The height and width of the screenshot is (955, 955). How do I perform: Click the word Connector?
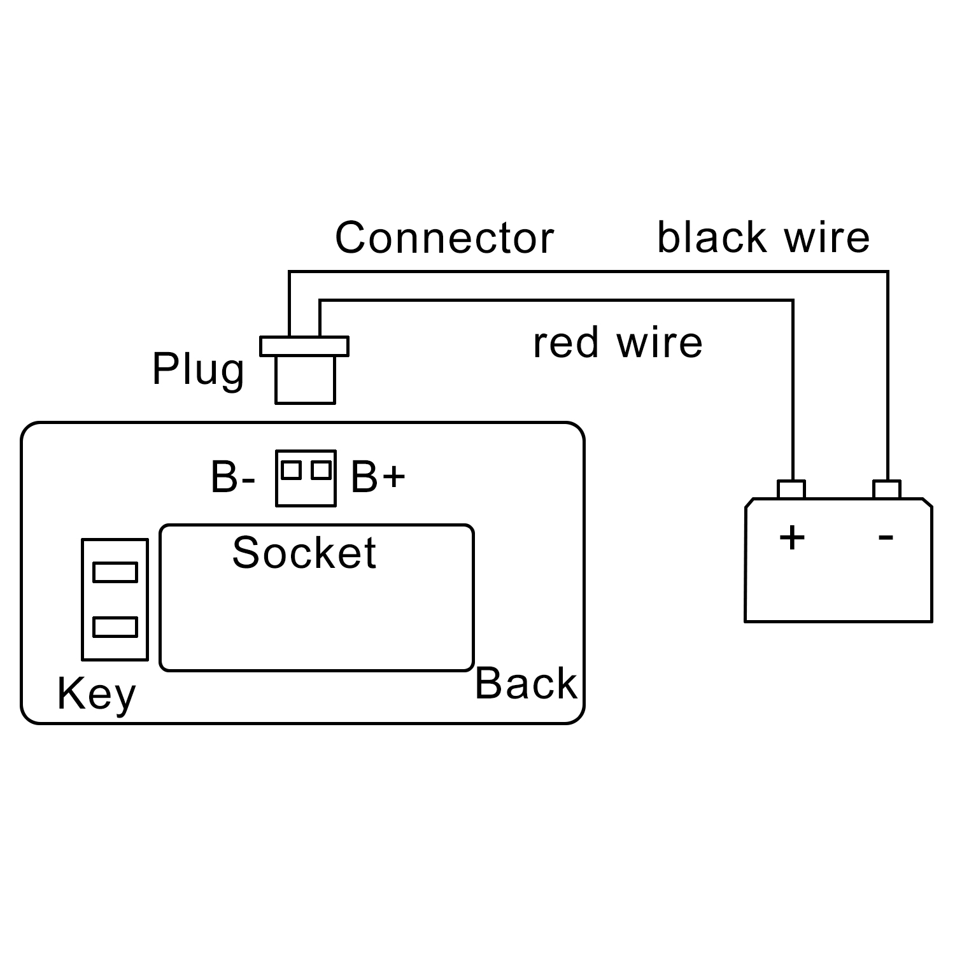tap(444, 238)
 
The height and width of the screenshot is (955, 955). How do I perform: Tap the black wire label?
tap(763, 238)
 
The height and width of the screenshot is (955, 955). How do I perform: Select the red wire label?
tap(617, 343)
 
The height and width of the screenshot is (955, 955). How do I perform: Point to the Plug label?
tap(198, 369)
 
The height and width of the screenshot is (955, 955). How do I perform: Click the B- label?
tap(233, 477)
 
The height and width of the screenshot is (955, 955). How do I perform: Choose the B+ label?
tap(378, 477)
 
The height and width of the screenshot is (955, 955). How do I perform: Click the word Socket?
tap(304, 553)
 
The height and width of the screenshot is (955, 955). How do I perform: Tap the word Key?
tap(96, 694)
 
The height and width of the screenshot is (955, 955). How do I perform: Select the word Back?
tap(526, 684)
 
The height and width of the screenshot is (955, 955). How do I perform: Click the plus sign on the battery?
tap(792, 537)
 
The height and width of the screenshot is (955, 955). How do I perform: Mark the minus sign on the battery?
tap(886, 537)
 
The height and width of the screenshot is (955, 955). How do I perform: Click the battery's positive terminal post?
tap(791, 490)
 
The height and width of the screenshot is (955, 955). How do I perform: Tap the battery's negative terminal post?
tap(887, 490)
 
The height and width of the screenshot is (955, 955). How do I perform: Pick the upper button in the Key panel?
tap(115, 572)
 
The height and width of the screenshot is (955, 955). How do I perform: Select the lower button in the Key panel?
tap(115, 627)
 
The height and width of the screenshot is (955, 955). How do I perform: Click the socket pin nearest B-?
tap(291, 470)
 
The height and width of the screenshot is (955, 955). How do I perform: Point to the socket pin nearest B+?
tap(321, 470)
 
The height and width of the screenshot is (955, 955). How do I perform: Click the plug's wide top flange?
tap(304, 346)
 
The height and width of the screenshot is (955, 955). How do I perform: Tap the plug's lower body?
tap(305, 379)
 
